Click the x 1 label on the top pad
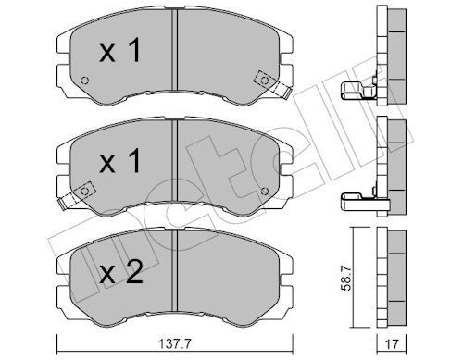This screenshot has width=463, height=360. tap(120, 53)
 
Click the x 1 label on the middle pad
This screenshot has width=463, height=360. tap(120, 164)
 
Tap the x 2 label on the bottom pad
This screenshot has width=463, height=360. tap(120, 274)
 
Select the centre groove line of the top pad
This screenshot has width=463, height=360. tap(175, 57)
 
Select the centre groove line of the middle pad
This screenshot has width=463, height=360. tap(175, 167)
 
